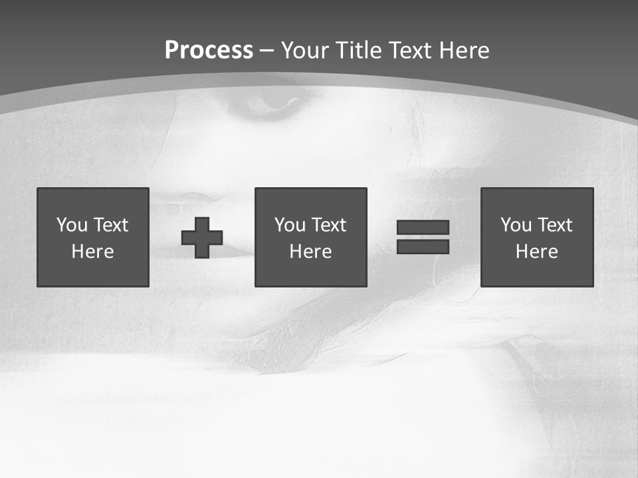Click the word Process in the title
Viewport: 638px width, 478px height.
pyautogui.click(x=209, y=50)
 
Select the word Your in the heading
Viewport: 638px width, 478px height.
pyautogui.click(x=306, y=50)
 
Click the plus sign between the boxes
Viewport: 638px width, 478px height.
pyautogui.click(x=202, y=238)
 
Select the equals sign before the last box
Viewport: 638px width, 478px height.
pyautogui.click(x=423, y=237)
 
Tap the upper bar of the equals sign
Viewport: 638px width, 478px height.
pyautogui.click(x=423, y=228)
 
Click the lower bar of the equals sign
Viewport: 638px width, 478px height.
pyautogui.click(x=423, y=246)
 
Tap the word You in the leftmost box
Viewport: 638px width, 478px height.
pyautogui.click(x=72, y=225)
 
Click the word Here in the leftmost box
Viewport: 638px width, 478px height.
pyautogui.click(x=93, y=252)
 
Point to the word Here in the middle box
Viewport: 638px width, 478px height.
pyautogui.click(x=310, y=252)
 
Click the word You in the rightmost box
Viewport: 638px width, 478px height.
pyautogui.click(x=516, y=225)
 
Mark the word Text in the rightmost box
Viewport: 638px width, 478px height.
pyautogui.click(x=555, y=225)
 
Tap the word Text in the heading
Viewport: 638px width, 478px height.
pyautogui.click(x=411, y=50)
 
